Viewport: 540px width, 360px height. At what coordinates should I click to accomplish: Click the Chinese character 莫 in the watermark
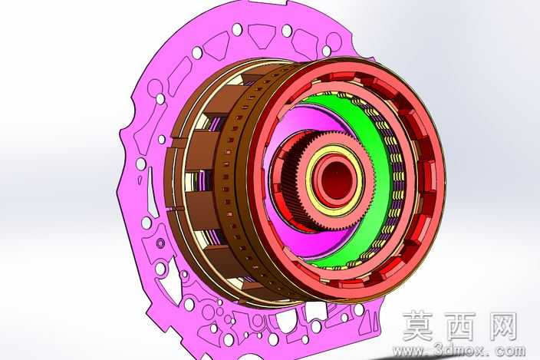point(417,325)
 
